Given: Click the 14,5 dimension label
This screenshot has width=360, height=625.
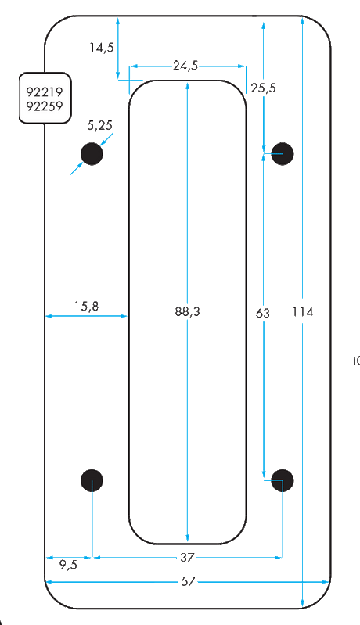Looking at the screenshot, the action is point(102,48).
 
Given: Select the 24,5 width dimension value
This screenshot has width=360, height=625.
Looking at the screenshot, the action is point(185,66).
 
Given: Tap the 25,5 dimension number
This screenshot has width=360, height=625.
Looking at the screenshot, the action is point(264,88).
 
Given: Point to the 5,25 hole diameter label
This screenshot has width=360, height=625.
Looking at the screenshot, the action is point(100,126).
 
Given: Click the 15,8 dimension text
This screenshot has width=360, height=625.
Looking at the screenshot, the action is point(87,306).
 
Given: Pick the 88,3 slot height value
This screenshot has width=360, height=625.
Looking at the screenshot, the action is point(187,311).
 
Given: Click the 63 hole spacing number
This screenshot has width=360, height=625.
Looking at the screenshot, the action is point(263,314).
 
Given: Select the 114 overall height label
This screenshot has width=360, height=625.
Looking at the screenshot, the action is point(303,311).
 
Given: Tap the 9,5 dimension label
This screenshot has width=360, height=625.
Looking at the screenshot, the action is point(69,566).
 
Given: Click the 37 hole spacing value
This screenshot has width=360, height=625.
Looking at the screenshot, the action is point(186,558).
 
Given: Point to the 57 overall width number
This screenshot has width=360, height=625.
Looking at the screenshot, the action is point(188,582).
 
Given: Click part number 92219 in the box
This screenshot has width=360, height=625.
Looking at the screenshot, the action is point(45,92).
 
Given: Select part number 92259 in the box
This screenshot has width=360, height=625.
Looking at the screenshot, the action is point(45,106).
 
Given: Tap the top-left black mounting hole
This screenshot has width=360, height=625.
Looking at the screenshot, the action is point(92,154).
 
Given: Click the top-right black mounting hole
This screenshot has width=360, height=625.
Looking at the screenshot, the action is point(283,154).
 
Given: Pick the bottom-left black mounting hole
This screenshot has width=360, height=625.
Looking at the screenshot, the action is point(92,480).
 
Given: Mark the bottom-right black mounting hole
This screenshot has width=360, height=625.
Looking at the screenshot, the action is point(283,480).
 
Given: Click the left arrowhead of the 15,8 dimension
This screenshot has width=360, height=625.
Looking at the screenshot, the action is point(49,316).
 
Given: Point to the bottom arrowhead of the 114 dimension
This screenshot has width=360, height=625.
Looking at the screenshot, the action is point(303,603).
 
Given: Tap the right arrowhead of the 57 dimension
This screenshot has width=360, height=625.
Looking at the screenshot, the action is point(326,582).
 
